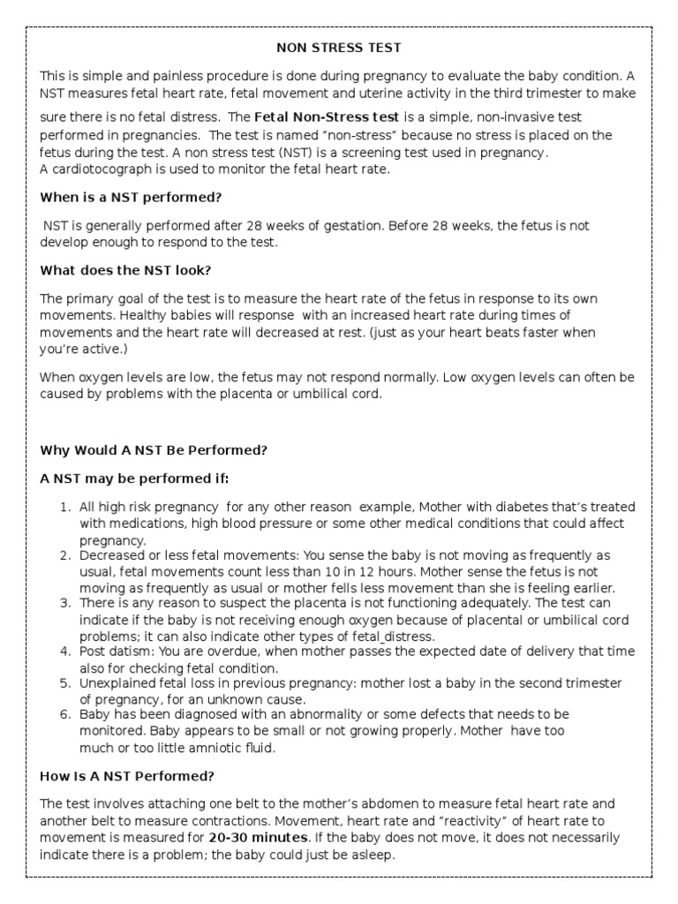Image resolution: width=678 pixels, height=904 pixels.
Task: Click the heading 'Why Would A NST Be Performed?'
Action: point(154,449)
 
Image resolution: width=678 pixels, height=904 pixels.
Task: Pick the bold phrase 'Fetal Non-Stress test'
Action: point(327,117)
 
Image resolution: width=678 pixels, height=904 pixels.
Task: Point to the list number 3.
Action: point(64,602)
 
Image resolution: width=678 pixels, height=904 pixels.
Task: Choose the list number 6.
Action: point(64,713)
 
